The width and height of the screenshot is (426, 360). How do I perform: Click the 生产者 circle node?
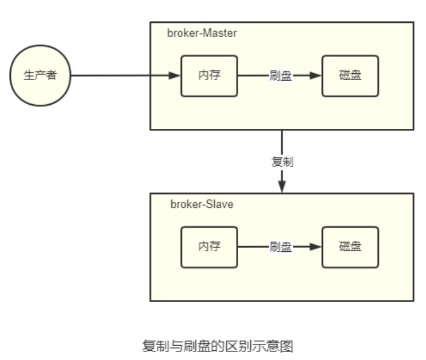(x=40, y=76)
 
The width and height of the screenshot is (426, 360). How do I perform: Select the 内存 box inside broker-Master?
(x=209, y=76)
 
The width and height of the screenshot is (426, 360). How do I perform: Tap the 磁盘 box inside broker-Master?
(x=350, y=76)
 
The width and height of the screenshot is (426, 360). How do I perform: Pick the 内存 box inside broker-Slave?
(x=209, y=247)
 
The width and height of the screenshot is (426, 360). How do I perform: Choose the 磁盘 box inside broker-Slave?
(x=350, y=247)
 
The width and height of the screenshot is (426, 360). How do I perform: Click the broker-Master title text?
(x=202, y=33)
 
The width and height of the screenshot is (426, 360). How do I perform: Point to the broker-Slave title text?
(x=202, y=204)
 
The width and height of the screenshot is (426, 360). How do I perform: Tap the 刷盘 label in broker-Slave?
(x=281, y=247)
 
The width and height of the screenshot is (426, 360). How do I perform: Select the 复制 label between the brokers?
(x=282, y=161)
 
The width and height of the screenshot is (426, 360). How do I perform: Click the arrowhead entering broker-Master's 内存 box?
(x=175, y=76)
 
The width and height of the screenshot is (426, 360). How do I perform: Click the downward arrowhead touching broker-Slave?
(x=282, y=187)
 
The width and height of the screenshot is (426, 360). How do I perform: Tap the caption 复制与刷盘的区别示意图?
(x=218, y=346)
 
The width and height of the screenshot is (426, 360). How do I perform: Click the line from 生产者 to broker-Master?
(x=115, y=76)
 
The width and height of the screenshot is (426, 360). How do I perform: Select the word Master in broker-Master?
(x=219, y=33)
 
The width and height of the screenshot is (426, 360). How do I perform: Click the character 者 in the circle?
(x=51, y=76)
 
